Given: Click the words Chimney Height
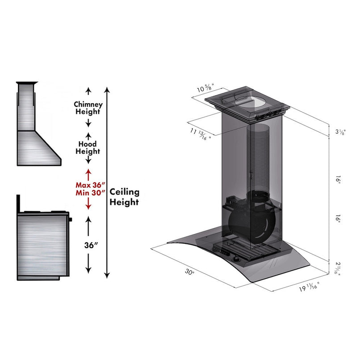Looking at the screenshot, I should (88, 108).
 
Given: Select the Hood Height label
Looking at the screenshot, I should (88, 148).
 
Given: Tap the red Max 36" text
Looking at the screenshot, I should (90, 184).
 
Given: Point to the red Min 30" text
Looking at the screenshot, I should (90, 193).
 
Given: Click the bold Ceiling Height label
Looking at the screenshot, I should (125, 197).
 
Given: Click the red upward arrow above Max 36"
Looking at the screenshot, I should (88, 173).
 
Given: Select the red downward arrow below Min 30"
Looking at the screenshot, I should (88, 203).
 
